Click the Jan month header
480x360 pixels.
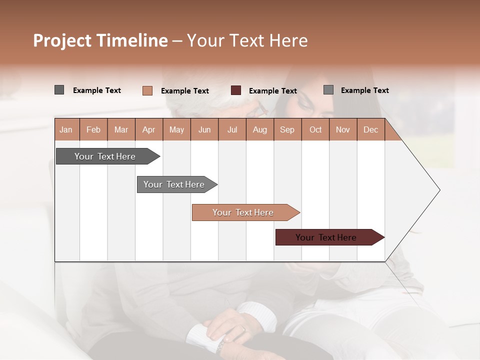tap(66, 129)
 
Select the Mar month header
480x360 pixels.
tap(121, 129)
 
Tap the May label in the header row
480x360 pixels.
tap(176, 129)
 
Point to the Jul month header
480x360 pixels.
tap(232, 129)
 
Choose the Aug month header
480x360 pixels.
tap(259, 129)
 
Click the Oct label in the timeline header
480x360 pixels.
tap(315, 129)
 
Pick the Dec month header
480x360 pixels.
tap(370, 129)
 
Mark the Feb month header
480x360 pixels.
tap(93, 129)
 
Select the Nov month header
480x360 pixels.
tap(343, 129)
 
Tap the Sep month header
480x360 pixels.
tap(287, 129)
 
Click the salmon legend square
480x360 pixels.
tap(147, 90)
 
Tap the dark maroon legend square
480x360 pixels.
tap(236, 90)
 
